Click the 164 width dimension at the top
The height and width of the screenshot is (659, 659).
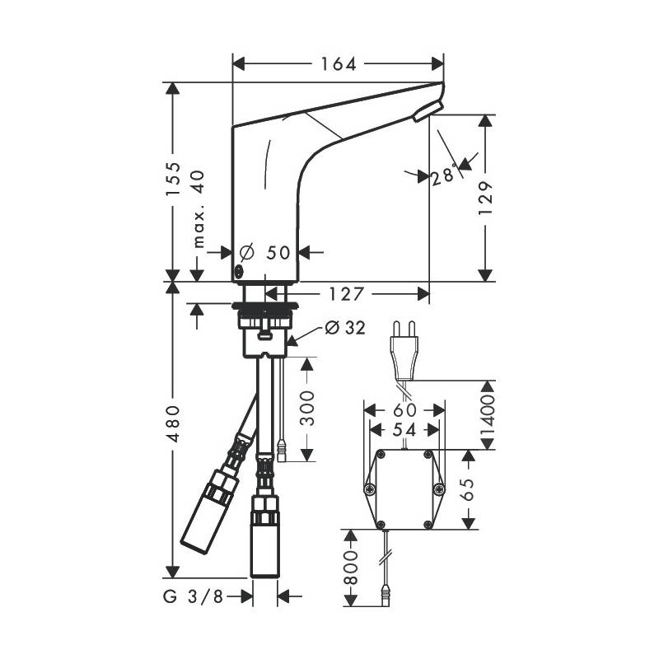click(x=339, y=64)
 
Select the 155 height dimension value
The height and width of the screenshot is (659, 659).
click(x=173, y=179)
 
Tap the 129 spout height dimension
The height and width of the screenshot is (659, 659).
click(x=485, y=198)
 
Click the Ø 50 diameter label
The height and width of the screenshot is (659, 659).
click(x=264, y=252)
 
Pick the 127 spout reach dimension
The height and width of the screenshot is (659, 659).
click(x=345, y=294)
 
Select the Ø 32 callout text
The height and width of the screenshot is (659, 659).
click(x=345, y=328)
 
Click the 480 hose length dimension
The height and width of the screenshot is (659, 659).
click(x=173, y=423)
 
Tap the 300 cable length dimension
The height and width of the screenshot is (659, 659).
click(x=308, y=408)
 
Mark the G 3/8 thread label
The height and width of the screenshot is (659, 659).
click(x=193, y=596)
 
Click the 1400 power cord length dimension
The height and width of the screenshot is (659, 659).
click(x=488, y=416)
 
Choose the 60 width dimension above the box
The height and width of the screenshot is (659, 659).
click(x=404, y=409)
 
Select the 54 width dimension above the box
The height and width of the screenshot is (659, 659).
click(x=404, y=430)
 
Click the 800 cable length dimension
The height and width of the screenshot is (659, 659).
click(x=350, y=568)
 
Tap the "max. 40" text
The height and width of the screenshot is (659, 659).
click(x=199, y=209)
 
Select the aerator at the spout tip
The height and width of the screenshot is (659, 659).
click(x=428, y=111)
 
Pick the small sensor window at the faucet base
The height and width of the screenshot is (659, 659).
click(x=239, y=273)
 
